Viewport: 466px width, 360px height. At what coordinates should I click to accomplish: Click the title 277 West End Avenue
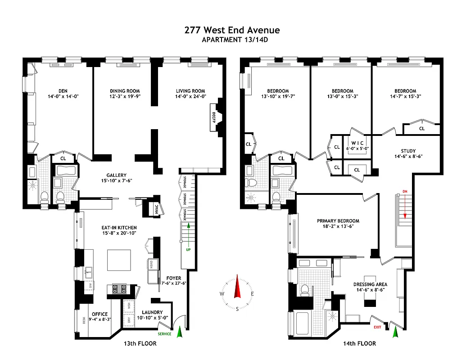[232, 30]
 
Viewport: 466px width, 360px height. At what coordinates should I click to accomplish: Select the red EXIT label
[377, 327]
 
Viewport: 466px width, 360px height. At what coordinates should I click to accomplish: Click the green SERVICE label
[164, 334]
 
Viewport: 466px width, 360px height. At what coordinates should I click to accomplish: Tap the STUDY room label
[408, 151]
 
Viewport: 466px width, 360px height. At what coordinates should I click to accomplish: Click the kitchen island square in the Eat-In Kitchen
[119, 260]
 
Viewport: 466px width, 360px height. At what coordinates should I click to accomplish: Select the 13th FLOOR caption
[140, 344]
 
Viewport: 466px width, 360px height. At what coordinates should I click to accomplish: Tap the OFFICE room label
[100, 314]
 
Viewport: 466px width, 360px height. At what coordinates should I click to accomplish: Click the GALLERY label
[116, 175]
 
